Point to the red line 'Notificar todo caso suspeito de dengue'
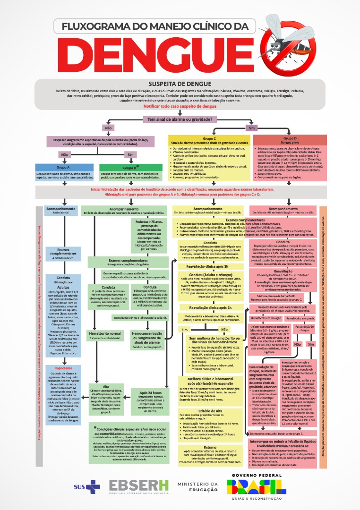(180, 107)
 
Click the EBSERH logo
(139, 485)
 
